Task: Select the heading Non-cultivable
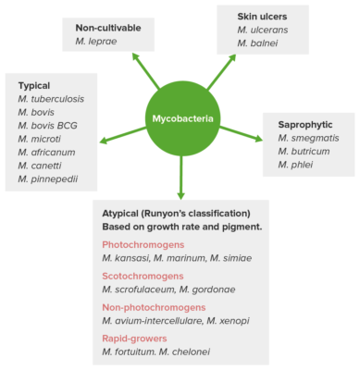pos(109,28)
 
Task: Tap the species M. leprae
pos(95,43)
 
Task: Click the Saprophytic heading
pos(304,123)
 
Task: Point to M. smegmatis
pos(309,138)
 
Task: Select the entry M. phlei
pos(296,166)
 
